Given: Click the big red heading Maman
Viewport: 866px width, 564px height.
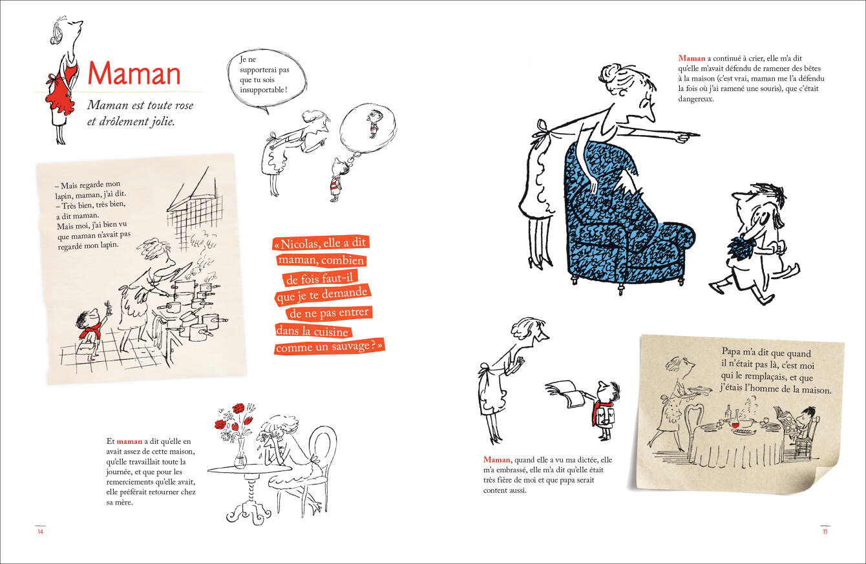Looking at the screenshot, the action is tap(134, 74).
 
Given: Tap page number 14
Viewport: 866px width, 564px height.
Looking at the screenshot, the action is tap(40, 532).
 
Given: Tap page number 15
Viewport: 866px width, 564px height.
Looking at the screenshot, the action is tap(825, 532).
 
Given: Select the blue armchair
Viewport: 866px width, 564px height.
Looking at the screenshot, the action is tap(622, 216).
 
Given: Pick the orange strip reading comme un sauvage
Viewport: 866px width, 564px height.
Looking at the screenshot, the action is tap(329, 346).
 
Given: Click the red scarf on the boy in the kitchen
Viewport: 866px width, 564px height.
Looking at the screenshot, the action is tap(90, 331).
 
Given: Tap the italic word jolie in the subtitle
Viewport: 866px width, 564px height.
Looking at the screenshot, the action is tap(162, 121).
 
